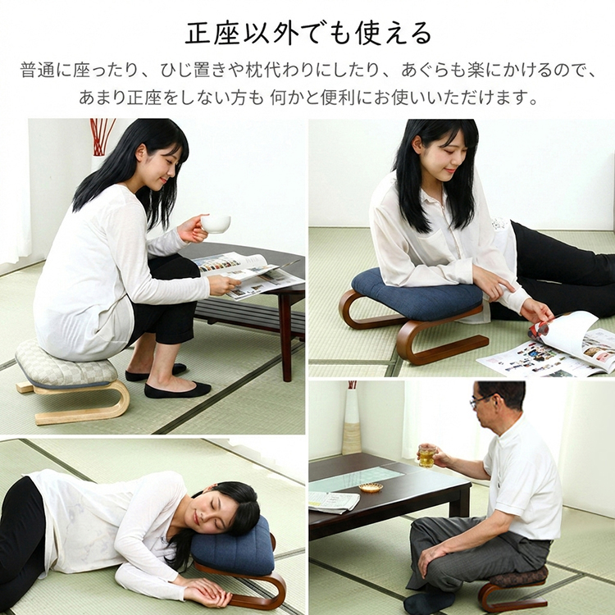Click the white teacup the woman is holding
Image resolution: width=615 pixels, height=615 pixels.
[x=216, y=224]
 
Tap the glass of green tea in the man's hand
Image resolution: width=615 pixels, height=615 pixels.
[x=426, y=456]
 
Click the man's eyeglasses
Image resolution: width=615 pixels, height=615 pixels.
[x=481, y=400]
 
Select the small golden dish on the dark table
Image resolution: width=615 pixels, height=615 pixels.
[x=371, y=488]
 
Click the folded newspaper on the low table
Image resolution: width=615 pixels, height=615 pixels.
[x=334, y=501]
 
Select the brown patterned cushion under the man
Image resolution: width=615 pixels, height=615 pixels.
[x=520, y=577]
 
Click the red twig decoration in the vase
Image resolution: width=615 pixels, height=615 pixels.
[x=102, y=137]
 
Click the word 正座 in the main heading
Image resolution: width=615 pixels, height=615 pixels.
[x=212, y=34]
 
